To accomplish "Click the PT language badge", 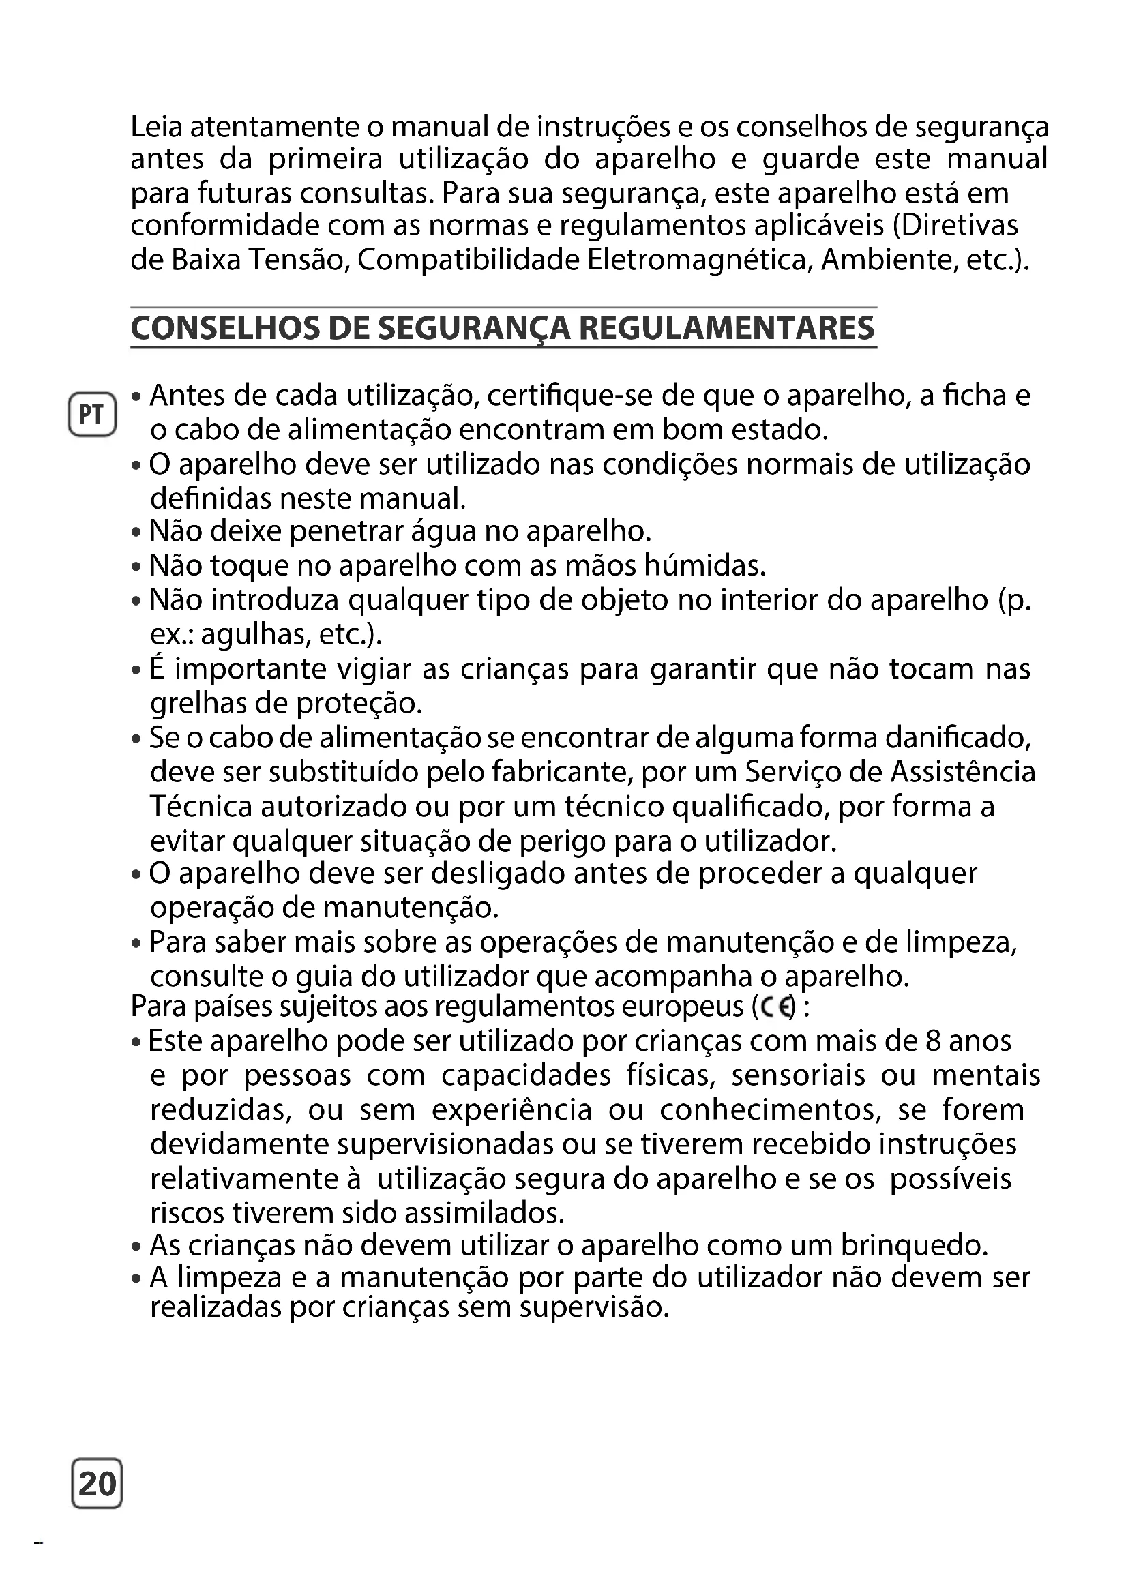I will (x=91, y=415).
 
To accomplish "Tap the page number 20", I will (x=98, y=1483).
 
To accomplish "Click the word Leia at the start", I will (x=156, y=126).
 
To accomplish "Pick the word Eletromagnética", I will (x=700, y=260).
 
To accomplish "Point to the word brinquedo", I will (x=914, y=1246).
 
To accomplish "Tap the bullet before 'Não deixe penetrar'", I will (x=137, y=533).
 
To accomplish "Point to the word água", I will (x=445, y=532).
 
